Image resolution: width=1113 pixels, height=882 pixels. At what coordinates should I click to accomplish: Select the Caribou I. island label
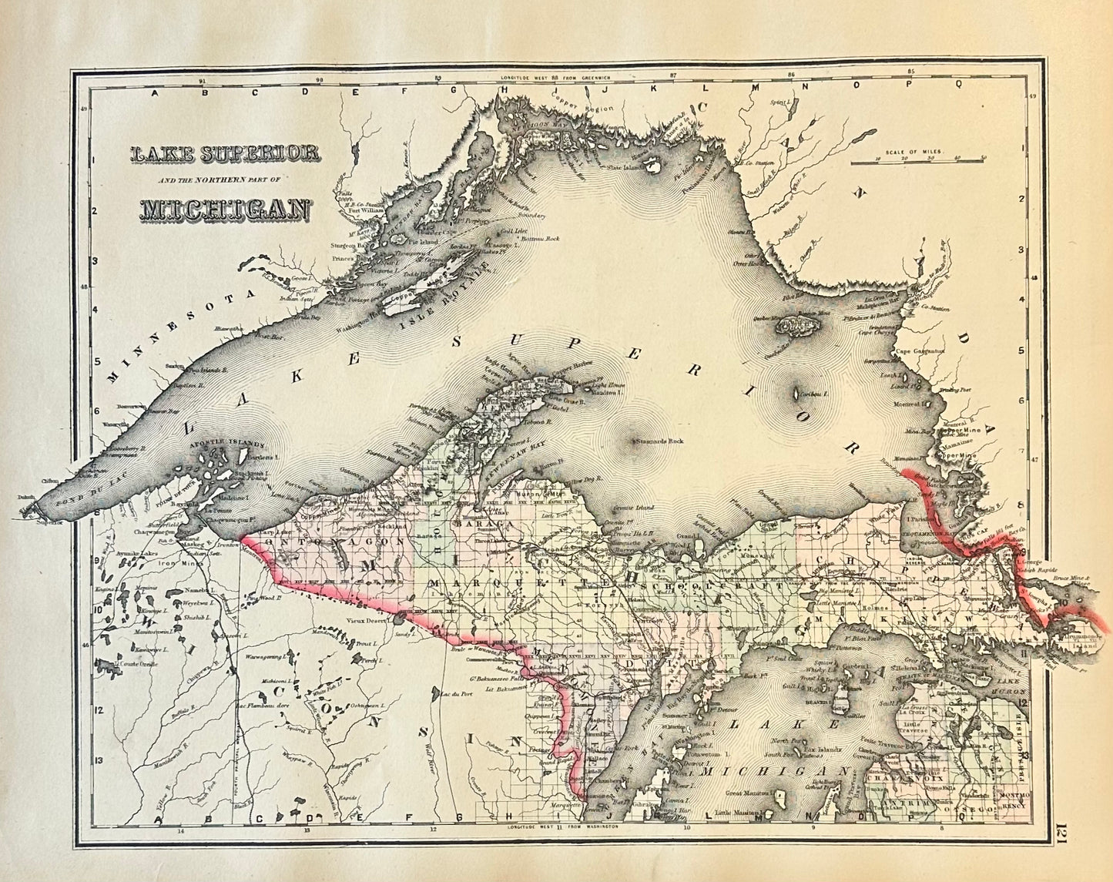click(813, 394)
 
